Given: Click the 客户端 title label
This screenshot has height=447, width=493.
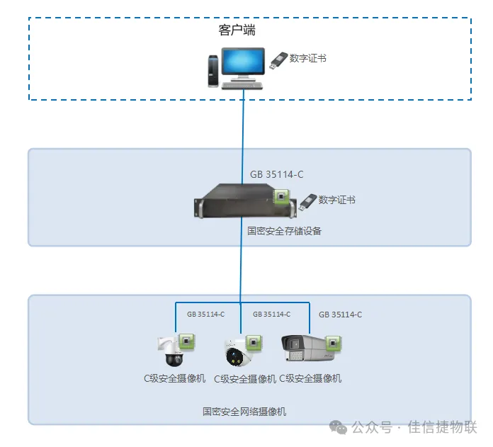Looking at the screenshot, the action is point(237,30).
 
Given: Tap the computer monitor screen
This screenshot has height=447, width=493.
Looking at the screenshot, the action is point(243,62).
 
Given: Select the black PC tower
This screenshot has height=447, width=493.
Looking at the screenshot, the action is point(213,71).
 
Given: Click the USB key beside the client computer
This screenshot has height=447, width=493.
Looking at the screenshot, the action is point(278,60).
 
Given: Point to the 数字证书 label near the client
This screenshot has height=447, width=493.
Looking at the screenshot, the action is point(308,58).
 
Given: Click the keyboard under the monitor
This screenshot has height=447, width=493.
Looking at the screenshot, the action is point(242,85).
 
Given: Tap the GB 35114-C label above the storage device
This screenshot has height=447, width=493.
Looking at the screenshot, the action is point(277,174).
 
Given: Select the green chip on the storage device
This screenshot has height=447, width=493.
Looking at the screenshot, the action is point(281,197).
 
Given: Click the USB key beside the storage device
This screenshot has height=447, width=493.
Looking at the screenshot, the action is point(307,202).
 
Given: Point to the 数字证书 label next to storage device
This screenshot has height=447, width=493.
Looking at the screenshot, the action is point(336,200).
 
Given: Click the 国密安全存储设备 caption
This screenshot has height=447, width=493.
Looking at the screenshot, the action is point(284,231).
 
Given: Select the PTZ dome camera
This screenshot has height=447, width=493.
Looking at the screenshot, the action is point(171,351).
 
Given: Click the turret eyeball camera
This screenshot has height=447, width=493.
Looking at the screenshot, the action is point(237,353).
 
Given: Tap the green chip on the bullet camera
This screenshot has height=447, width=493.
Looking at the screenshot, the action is point(333,344).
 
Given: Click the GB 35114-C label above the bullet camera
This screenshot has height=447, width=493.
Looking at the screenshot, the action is point(340,315).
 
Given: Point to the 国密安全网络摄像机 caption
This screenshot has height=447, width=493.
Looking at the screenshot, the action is point(244,412).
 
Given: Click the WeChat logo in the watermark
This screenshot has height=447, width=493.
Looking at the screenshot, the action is point(338,427).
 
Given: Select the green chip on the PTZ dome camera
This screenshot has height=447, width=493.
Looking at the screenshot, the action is point(187,341).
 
